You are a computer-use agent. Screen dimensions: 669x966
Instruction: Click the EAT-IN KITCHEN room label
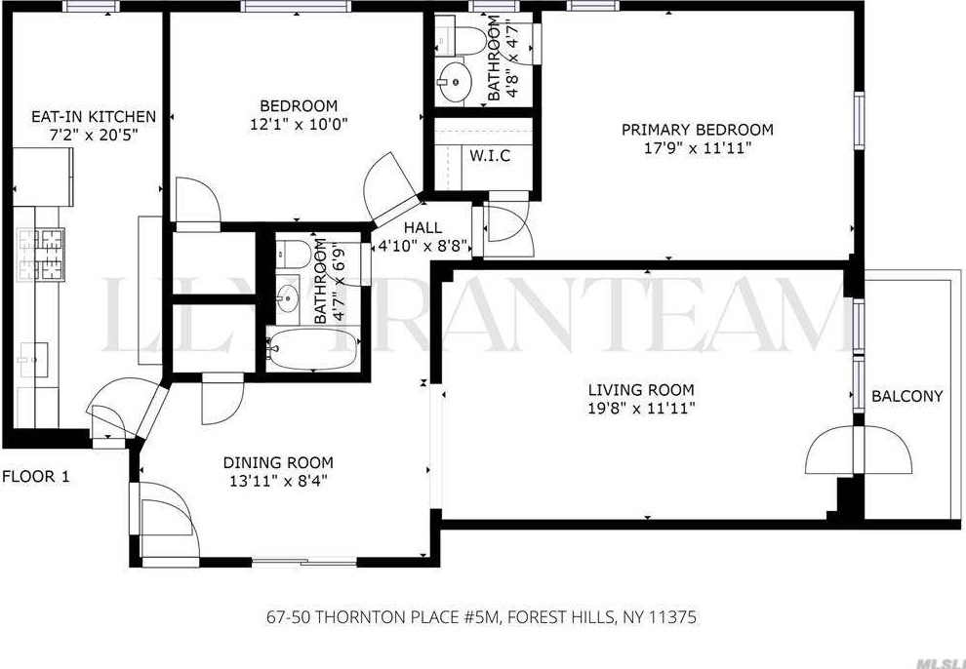(x=81, y=117)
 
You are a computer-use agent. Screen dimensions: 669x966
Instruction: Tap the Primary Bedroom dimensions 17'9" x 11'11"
(x=697, y=148)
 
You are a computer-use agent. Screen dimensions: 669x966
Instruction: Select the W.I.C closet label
(x=489, y=156)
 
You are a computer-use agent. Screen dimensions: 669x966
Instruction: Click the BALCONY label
(x=906, y=396)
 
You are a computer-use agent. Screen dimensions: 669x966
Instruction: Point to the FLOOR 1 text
(x=35, y=477)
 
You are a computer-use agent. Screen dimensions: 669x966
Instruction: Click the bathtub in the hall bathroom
(x=310, y=348)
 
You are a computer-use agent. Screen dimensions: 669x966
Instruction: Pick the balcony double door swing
(x=859, y=451)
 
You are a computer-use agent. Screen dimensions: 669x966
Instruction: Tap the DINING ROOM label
(x=278, y=462)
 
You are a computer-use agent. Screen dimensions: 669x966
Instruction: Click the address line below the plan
(x=481, y=617)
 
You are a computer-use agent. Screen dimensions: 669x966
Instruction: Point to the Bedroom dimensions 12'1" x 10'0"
(x=299, y=124)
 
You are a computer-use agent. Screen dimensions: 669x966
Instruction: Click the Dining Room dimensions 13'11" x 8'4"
(x=278, y=480)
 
